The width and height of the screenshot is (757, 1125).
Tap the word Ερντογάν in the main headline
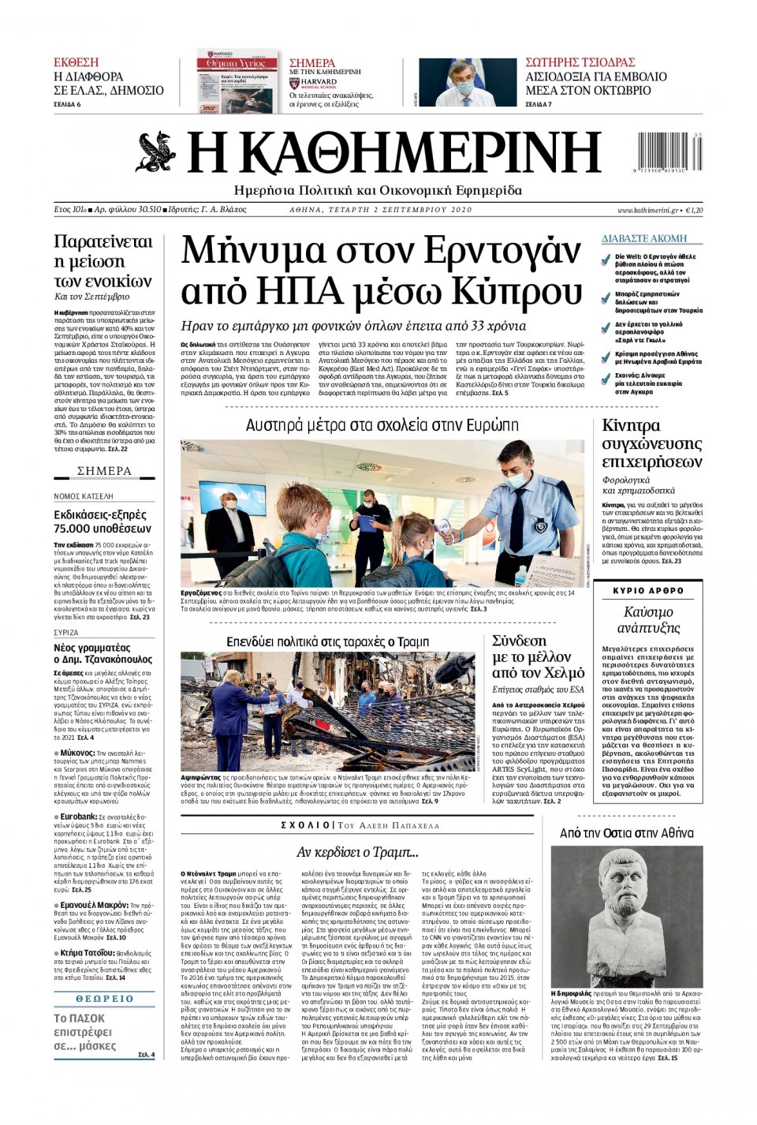tap(502, 252)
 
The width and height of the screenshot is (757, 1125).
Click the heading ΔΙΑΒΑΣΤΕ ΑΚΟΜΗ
tap(644, 238)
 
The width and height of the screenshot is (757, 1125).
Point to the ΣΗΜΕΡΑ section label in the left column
tap(104, 471)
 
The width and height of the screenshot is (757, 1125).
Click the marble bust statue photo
tap(626, 915)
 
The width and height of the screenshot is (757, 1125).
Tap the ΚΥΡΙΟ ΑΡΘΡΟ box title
tap(648, 591)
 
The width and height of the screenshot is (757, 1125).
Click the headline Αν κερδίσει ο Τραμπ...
tap(357, 852)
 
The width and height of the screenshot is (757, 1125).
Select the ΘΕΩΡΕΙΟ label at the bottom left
tap(104, 998)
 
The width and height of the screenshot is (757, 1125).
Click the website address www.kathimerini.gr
tap(647, 211)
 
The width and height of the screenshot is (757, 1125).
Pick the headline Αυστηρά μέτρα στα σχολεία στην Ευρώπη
tap(382, 425)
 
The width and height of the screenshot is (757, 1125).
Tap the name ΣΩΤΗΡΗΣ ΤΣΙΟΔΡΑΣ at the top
tap(580, 62)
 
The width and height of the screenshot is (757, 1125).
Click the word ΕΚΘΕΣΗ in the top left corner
tap(76, 62)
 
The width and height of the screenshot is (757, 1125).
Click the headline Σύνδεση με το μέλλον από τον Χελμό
tap(538, 656)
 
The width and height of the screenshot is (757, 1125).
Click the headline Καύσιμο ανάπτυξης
tap(648, 620)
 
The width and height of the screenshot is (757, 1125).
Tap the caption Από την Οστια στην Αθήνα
tap(626, 833)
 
